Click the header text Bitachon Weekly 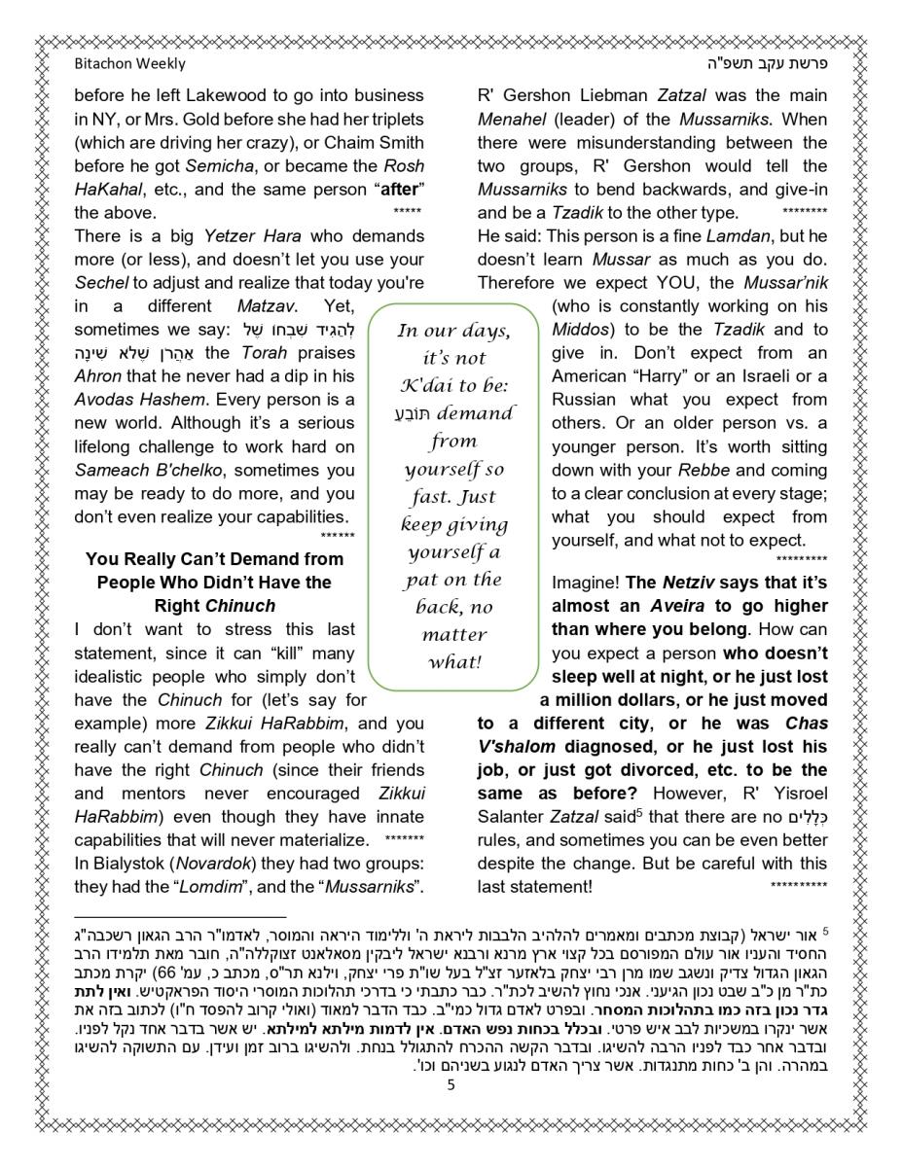129,64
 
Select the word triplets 391,119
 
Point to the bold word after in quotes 403,189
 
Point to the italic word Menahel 511,119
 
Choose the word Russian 587,400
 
